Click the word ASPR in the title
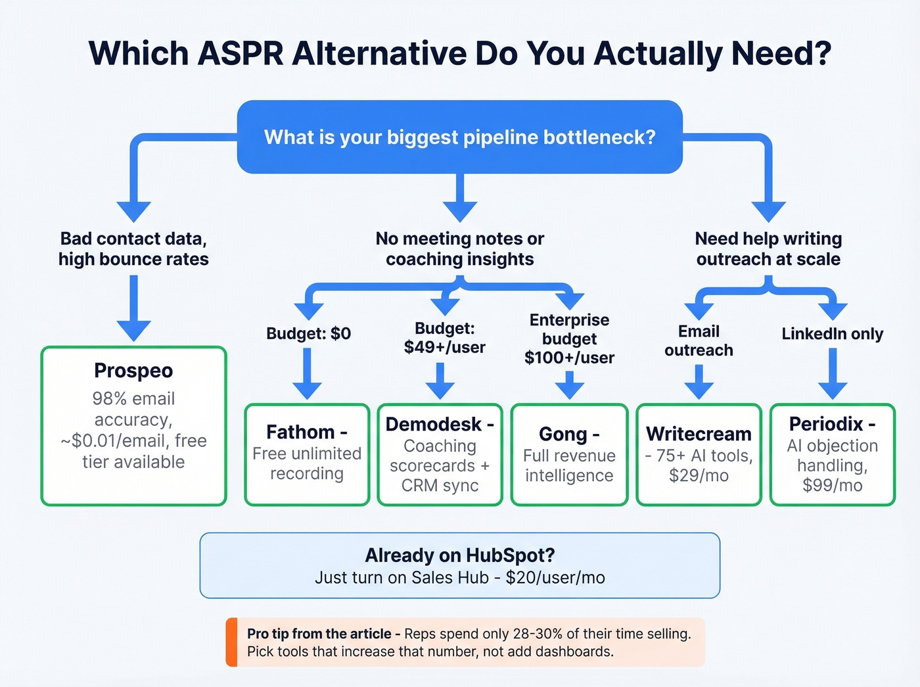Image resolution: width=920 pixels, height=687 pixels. point(240,53)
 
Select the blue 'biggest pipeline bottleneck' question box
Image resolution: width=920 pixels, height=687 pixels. point(459,137)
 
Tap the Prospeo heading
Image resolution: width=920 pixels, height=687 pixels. point(133,371)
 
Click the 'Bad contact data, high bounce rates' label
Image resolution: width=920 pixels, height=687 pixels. point(133,249)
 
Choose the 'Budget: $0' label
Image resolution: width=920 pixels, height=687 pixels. point(308,333)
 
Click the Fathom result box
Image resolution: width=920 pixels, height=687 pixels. point(307,454)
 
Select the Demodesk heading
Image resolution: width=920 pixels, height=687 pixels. point(434,425)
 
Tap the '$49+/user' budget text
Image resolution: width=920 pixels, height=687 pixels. point(445,347)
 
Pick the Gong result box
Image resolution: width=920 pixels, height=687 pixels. point(569,454)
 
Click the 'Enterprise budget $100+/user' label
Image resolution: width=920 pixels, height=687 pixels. point(569,339)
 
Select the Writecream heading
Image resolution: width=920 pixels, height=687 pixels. point(699,434)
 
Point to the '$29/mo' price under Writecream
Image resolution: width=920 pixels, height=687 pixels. point(699,475)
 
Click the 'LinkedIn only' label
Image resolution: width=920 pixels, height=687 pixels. point(832,334)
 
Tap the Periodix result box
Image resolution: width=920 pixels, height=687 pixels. point(832,454)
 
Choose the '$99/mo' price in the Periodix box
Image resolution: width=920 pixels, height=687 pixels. point(832,485)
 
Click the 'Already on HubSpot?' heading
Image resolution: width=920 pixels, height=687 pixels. point(459,556)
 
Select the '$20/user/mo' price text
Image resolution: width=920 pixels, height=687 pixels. point(555,578)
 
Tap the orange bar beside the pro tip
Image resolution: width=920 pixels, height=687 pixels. point(231,642)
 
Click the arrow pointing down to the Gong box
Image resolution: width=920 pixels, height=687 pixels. point(569,385)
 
